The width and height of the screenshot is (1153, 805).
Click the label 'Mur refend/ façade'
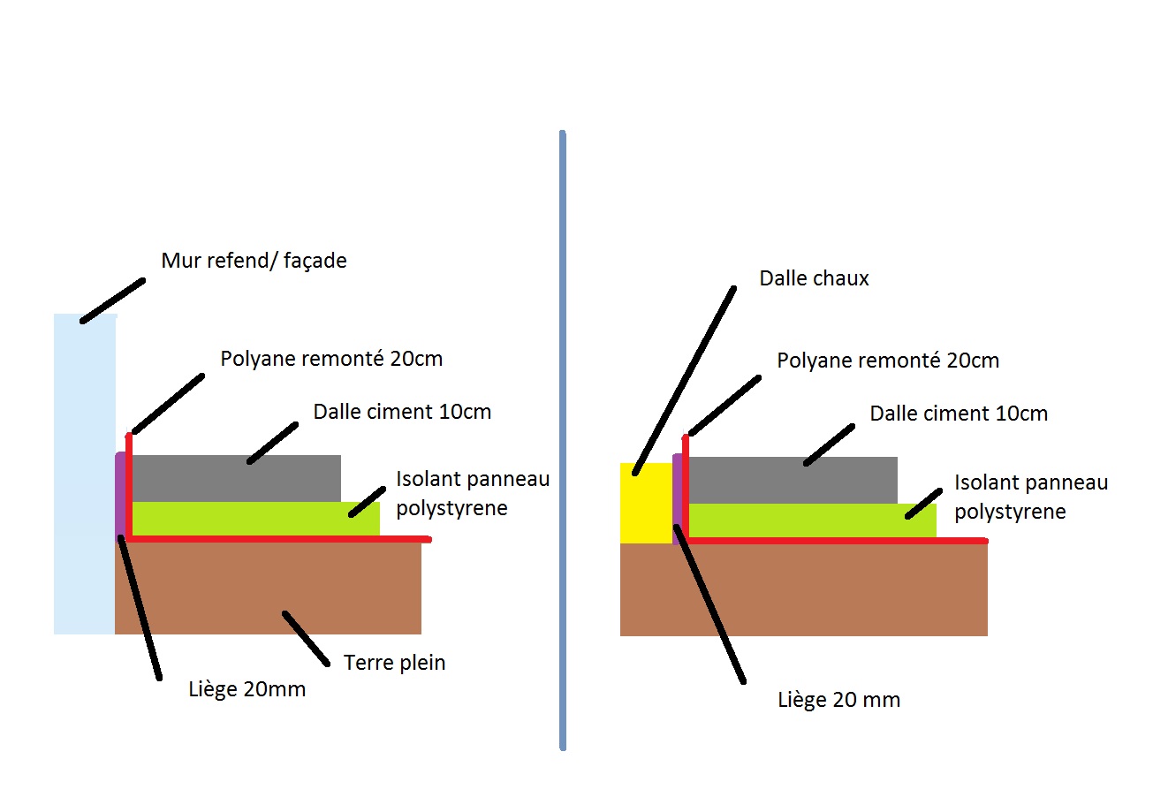tap(254, 261)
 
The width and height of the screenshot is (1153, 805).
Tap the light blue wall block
tap(85, 474)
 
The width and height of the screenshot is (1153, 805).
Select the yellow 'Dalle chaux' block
tap(646, 504)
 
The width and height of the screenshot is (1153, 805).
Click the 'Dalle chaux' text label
tap(814, 278)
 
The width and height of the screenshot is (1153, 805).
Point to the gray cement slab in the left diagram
tap(236, 478)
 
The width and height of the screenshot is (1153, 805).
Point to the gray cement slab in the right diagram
tap(793, 480)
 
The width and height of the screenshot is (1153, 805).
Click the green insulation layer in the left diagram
tap(256, 519)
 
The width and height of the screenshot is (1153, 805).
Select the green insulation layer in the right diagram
tap(812, 520)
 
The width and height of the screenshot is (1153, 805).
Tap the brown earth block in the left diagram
tap(268, 588)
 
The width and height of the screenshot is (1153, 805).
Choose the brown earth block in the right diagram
tap(803, 590)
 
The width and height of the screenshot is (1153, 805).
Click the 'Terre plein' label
tap(394, 663)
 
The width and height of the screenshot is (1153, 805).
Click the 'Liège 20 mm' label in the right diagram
tap(839, 701)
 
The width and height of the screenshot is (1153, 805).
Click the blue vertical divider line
tap(563, 440)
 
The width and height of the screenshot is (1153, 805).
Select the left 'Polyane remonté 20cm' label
tap(331, 360)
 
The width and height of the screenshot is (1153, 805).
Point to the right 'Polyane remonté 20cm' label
tap(888, 361)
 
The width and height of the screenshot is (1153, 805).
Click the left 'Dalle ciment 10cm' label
tap(402, 413)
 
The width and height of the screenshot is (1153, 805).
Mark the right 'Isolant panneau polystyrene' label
tap(1031, 497)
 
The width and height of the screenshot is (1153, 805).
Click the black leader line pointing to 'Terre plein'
tap(306, 639)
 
